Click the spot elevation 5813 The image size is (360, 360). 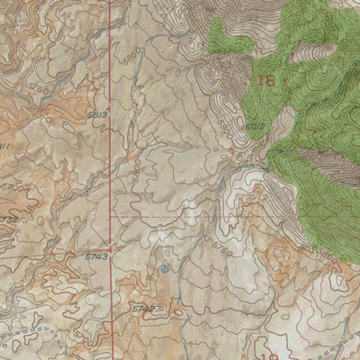(x=98, y=115)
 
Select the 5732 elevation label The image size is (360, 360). (x=8, y=219)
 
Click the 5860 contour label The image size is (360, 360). (x=133, y=57)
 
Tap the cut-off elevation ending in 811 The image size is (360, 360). (x=4, y=146)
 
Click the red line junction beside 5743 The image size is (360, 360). (x=112, y=247)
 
